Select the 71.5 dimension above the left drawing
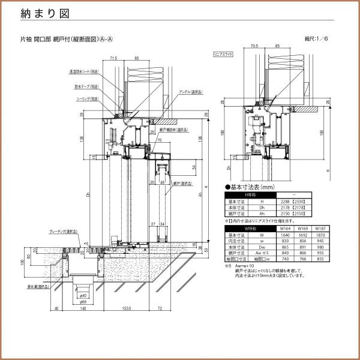[x=114, y=59]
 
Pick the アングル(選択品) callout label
[x=191, y=92]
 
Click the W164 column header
[x=285, y=229]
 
